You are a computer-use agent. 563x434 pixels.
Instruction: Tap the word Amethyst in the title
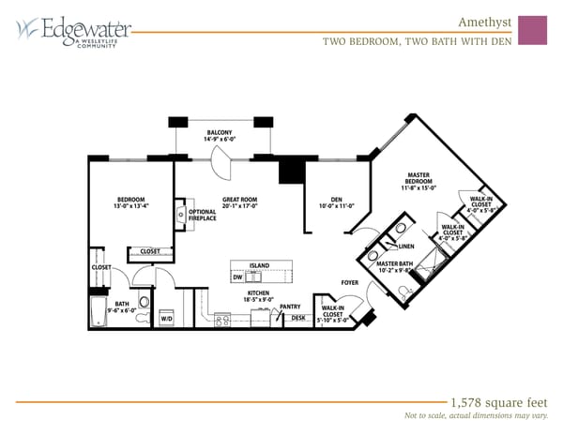pos(484,21)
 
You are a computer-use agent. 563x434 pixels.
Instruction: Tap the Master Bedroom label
pos(418,181)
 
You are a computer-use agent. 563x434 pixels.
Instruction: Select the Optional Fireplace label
pos(203,215)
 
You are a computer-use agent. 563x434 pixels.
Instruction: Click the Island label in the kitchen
pos(259,266)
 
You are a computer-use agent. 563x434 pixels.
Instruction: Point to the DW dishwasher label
pos(238,277)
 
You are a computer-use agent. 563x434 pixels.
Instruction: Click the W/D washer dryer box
pos(167,318)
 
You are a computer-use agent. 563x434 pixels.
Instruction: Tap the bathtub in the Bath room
pos(99,312)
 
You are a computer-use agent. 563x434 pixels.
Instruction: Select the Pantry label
pos(290,307)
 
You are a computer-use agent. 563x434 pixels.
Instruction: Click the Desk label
pos(298,319)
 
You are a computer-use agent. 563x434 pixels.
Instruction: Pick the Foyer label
pos(350,282)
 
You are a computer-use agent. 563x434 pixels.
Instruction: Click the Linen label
pos(405,247)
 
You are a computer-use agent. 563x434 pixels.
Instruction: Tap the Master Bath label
pos(394,268)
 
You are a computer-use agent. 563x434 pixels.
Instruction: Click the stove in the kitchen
pos(223,320)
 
